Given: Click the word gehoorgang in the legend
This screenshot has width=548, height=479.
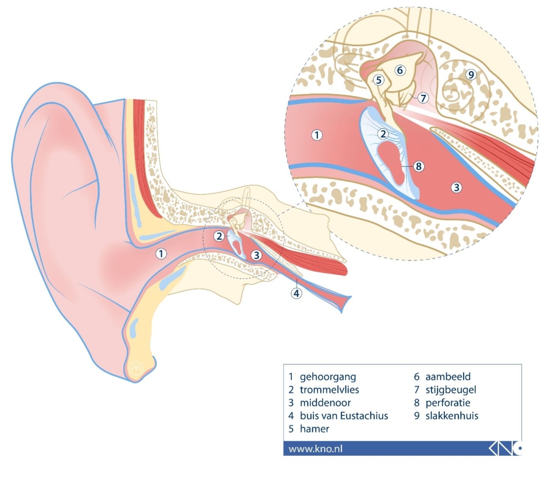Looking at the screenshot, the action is coord(328,377).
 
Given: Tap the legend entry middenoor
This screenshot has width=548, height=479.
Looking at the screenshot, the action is coord(325,403).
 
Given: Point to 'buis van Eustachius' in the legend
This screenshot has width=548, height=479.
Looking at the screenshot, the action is coord(344,416).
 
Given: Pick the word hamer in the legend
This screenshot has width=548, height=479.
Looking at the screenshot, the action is coord(315,428).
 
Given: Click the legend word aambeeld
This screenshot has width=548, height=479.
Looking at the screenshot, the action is coord(448,377).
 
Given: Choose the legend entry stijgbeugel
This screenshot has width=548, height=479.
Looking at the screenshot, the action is coord(451,390).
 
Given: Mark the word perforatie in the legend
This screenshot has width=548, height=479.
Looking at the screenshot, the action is coord(448,403).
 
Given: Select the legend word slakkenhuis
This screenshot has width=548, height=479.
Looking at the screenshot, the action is coord(452,416).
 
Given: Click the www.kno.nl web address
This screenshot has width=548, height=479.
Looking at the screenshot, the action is coord(315,449).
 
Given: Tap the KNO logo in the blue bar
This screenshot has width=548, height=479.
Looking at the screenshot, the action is coord(505,448).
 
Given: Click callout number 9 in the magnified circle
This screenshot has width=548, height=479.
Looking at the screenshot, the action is coord(471,74).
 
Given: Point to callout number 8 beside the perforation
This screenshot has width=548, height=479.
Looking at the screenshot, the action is coord(419,167).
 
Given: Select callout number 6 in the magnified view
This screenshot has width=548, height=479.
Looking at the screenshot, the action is coord(400,70).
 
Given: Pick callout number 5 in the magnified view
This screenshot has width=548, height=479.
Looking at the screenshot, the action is coord(378,80).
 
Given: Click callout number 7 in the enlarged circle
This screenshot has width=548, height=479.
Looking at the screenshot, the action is coord(423,98).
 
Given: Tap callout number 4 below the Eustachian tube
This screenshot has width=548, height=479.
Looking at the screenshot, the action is coord(296,293).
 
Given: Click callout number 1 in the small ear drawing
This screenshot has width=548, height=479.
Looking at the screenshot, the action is coord(161,253).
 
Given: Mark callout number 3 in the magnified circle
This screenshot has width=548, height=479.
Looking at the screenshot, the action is coord(456,188).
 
